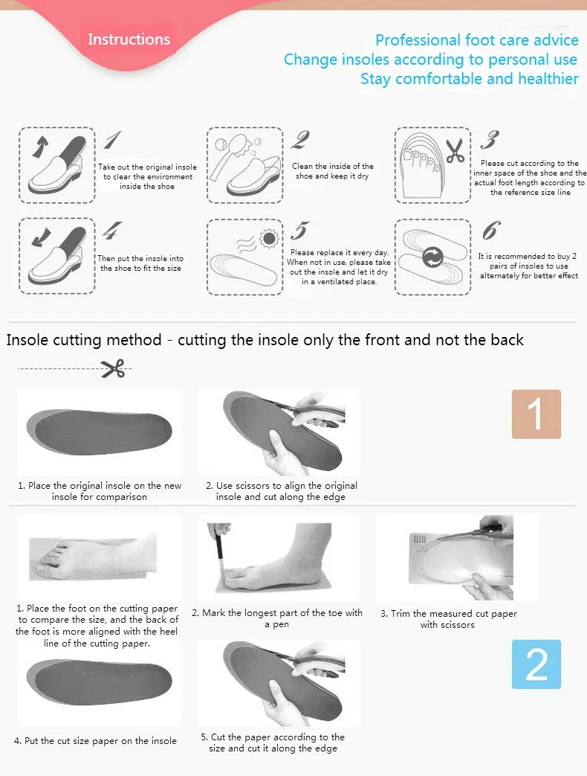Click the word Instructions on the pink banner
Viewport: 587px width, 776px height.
pyautogui.click(x=129, y=39)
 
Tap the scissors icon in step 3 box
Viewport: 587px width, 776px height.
pyautogui.click(x=455, y=151)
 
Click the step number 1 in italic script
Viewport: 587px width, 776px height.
pyautogui.click(x=112, y=140)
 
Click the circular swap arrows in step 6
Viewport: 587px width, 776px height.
pyautogui.click(x=432, y=258)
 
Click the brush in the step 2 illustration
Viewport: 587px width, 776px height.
pyautogui.click(x=224, y=153)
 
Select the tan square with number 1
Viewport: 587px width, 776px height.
pyautogui.click(x=536, y=414)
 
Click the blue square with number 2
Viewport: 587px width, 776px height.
pyautogui.click(x=536, y=664)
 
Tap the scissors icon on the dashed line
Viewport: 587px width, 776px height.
pyautogui.click(x=113, y=368)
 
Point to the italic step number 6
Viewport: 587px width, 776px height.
pyautogui.click(x=490, y=231)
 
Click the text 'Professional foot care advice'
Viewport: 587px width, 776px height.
pyautogui.click(x=476, y=40)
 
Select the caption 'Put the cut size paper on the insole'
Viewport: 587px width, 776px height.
pyautogui.click(x=95, y=740)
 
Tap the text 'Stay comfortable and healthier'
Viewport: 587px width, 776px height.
pyautogui.click(x=469, y=79)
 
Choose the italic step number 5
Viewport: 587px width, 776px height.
pyautogui.click(x=299, y=231)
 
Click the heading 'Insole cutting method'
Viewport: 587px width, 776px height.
pyautogui.click(x=84, y=340)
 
